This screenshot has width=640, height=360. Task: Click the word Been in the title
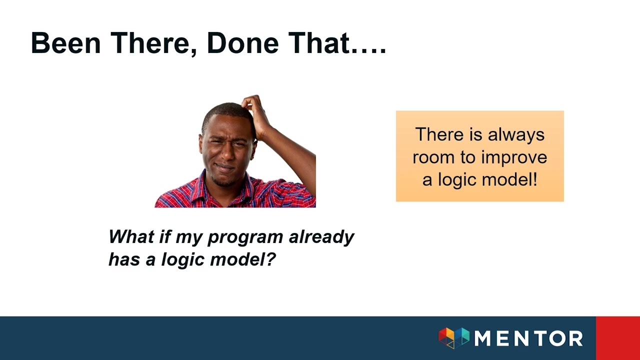65,43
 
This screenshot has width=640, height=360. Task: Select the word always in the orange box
516,134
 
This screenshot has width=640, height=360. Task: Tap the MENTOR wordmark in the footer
528,338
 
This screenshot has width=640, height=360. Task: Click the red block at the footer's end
617,338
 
